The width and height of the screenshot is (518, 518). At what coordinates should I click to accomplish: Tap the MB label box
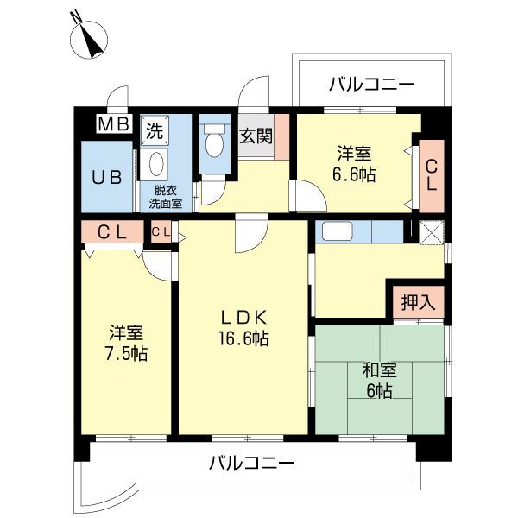pyautogui.click(x=113, y=125)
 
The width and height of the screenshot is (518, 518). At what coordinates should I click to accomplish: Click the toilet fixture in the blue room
pyautogui.click(x=213, y=141)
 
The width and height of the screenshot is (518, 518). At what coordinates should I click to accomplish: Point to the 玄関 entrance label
pyautogui.click(x=256, y=136)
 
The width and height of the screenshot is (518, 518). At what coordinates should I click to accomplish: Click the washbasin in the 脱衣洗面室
pyautogui.click(x=157, y=164)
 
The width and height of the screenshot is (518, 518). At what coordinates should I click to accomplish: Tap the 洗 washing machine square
pyautogui.click(x=155, y=131)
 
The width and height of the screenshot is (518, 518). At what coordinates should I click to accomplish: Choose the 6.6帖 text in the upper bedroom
pyautogui.click(x=354, y=174)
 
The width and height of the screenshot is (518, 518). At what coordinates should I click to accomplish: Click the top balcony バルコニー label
pyautogui.click(x=372, y=85)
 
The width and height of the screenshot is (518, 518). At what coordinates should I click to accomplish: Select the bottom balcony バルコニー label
pyautogui.click(x=251, y=463)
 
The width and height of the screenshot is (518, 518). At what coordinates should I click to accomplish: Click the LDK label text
pyautogui.click(x=243, y=315)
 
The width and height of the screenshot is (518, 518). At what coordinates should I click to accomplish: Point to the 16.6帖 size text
pyautogui.click(x=243, y=338)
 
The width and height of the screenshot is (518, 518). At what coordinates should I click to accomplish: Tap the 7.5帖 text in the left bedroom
pyautogui.click(x=126, y=353)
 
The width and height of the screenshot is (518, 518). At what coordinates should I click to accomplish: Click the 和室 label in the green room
pyautogui.click(x=379, y=370)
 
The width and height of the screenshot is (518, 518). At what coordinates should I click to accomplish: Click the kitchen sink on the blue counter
pyautogui.click(x=335, y=232)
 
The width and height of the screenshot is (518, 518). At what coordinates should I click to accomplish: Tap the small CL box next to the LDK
pyautogui.click(x=161, y=232)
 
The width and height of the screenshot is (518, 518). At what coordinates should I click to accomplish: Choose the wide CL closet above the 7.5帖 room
pyautogui.click(x=113, y=232)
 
